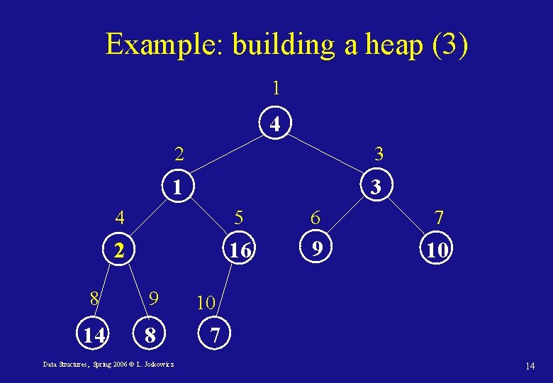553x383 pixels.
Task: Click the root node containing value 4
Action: [x=276, y=124]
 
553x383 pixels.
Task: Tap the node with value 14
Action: [x=94, y=334]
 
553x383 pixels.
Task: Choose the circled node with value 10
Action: [x=435, y=250]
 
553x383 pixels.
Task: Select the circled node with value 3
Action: [x=377, y=187]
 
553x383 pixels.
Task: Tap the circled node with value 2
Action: [x=121, y=250]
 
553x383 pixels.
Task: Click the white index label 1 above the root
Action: [x=276, y=89]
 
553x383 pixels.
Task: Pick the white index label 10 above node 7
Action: [x=206, y=303]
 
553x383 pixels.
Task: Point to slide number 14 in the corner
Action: [x=530, y=366]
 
